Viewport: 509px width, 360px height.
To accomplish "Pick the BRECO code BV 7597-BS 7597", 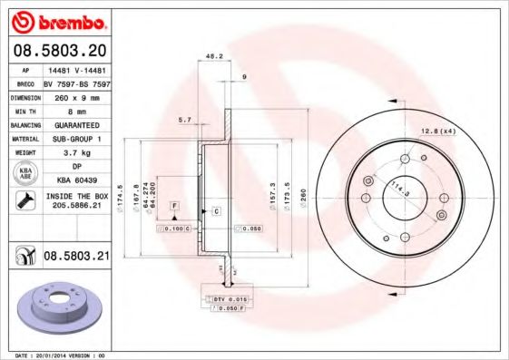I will click(x=76, y=82).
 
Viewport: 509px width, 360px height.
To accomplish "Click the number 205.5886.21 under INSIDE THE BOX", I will click(x=76, y=206).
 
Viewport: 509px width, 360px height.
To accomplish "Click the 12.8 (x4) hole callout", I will click(x=438, y=132).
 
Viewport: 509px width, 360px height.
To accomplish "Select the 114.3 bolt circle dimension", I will click(x=397, y=190).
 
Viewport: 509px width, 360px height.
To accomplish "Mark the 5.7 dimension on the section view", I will click(x=185, y=120).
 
